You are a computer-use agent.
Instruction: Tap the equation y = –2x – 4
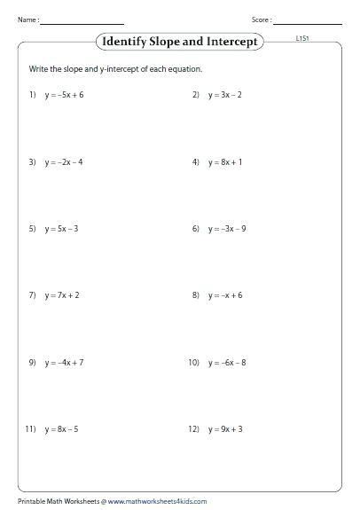point(64,162)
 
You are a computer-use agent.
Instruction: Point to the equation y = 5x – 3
point(62,229)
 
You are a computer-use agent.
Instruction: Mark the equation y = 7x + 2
point(62,295)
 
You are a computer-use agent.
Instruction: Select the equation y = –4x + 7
point(64,363)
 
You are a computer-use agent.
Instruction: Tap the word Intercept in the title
point(234,42)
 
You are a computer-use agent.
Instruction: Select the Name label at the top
point(26,20)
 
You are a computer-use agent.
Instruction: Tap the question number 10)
point(193,363)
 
